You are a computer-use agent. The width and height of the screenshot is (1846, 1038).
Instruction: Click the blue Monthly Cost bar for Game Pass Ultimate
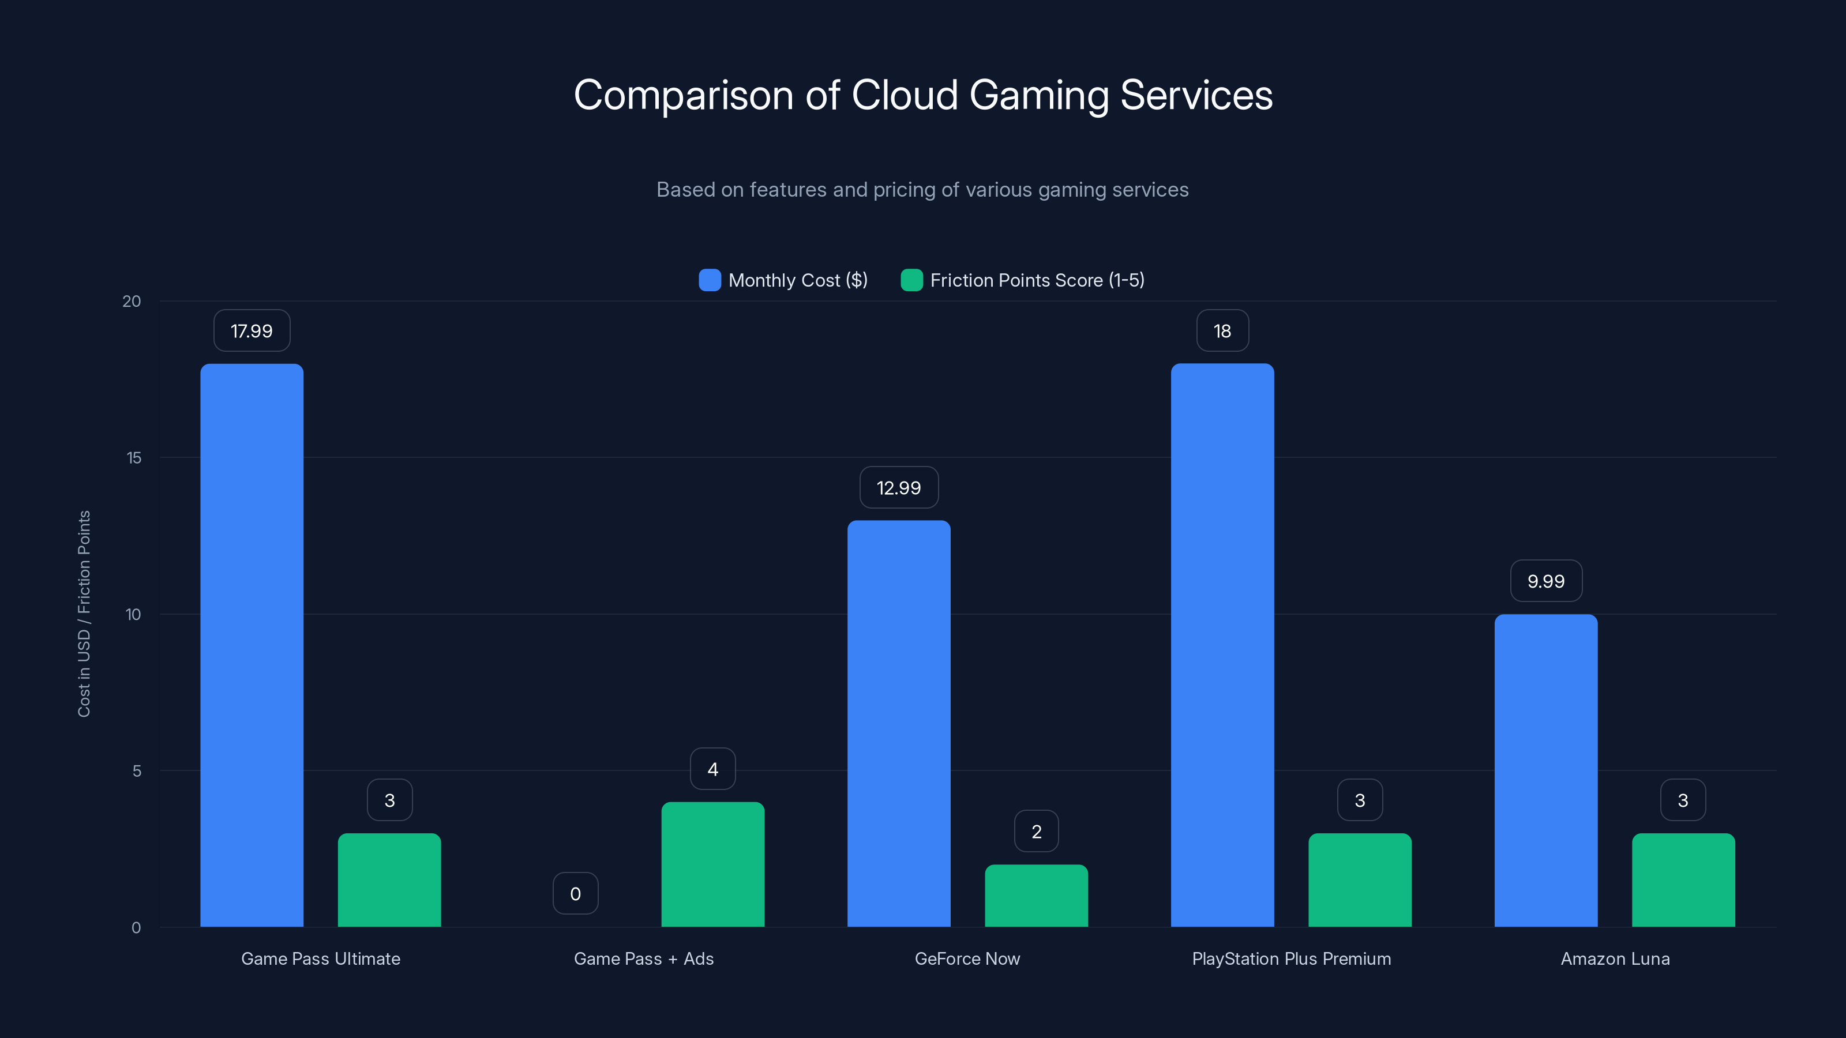(252, 645)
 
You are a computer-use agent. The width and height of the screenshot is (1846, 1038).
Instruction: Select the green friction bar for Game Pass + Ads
(712, 864)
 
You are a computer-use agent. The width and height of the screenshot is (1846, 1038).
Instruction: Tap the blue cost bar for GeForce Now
(899, 724)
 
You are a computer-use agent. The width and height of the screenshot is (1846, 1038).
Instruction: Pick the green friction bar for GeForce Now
(1036, 896)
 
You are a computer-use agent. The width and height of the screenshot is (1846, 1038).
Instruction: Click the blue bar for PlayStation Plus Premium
(1222, 645)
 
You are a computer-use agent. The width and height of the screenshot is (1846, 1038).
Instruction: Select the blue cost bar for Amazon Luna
(1546, 770)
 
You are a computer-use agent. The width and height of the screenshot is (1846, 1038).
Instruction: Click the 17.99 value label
(252, 331)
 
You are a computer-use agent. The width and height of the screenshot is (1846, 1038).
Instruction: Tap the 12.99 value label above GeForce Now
(899, 488)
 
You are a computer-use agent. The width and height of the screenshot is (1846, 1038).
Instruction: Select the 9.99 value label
(1546, 581)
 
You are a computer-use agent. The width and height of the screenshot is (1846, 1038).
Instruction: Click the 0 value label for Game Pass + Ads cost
(576, 893)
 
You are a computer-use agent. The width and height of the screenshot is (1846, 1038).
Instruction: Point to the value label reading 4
(712, 769)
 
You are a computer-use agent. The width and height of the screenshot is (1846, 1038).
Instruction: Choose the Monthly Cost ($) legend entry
(784, 280)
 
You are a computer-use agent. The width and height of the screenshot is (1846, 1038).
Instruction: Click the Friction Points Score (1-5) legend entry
(1023, 280)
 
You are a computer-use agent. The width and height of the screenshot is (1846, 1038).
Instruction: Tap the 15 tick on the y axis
(134, 458)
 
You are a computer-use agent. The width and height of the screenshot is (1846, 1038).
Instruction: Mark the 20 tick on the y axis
(132, 301)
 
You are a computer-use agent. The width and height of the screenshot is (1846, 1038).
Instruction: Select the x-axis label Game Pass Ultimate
(320, 958)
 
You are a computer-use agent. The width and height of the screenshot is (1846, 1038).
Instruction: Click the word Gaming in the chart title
(1038, 95)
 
